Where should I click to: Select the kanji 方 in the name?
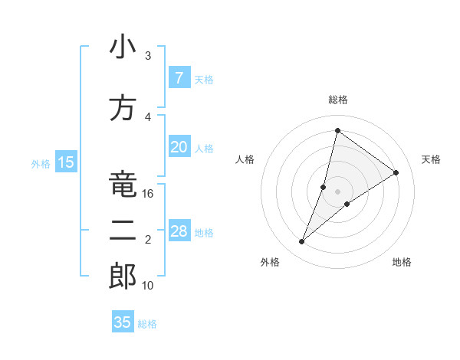click(x=123, y=108)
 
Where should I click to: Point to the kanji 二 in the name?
click(x=123, y=231)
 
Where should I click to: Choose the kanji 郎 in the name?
click(x=123, y=277)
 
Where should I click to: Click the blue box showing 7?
click(x=179, y=78)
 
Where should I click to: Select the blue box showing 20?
click(x=179, y=147)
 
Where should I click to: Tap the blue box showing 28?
click(x=179, y=231)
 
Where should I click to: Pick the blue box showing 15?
click(x=65, y=162)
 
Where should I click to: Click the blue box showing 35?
click(x=123, y=322)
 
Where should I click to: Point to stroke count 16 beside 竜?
click(x=148, y=194)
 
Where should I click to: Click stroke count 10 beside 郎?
click(x=148, y=286)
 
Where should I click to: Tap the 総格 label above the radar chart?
click(x=337, y=100)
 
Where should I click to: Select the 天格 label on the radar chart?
click(x=431, y=159)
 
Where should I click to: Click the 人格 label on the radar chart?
click(x=245, y=159)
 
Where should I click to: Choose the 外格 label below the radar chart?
click(x=270, y=262)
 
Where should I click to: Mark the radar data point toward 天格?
click(x=396, y=172)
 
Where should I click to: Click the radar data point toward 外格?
click(x=302, y=242)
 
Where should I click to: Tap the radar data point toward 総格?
click(x=337, y=130)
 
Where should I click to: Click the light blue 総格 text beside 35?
click(x=147, y=324)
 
